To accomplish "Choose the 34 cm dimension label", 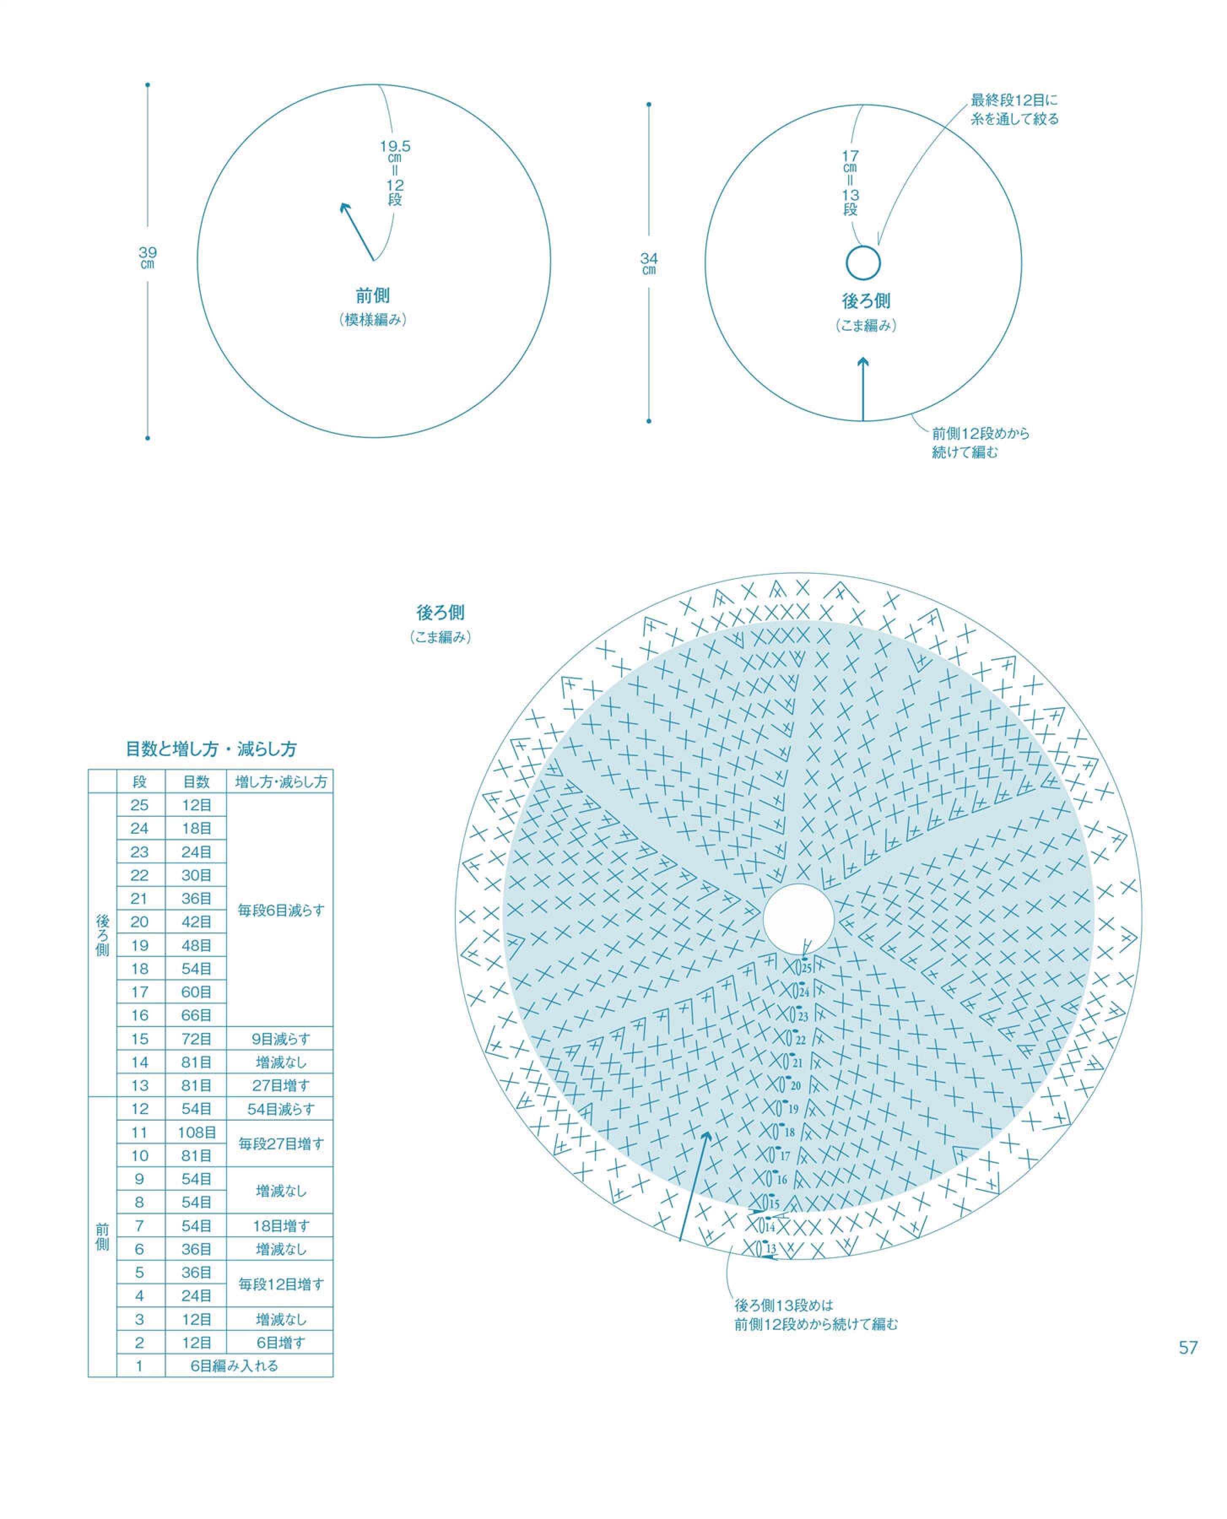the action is (x=649, y=264).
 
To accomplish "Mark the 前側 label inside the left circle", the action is (x=373, y=295).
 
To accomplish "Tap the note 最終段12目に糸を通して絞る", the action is (x=1014, y=110).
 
